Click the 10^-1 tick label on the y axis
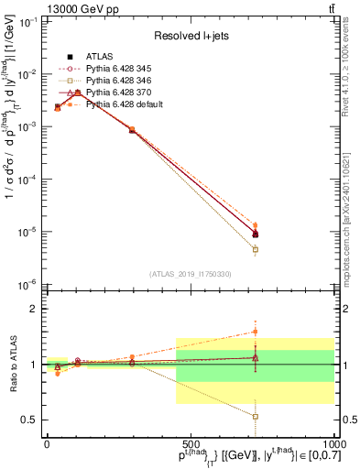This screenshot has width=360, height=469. (27, 22)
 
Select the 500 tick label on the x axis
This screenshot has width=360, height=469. (191, 443)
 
